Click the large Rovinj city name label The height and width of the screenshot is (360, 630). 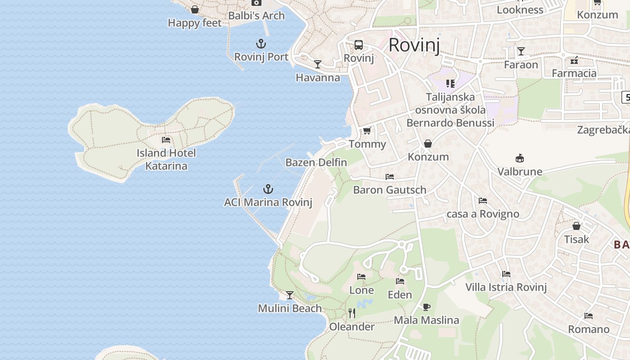pyautogui.click(x=414, y=45)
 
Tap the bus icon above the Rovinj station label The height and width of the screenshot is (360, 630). pyautogui.click(x=359, y=45)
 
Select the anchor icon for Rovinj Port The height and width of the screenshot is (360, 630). pyautogui.click(x=261, y=44)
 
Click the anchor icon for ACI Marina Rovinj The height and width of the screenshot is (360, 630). pyautogui.click(x=268, y=189)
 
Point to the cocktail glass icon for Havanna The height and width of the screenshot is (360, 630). pyautogui.click(x=318, y=64)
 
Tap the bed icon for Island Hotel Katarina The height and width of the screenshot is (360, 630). pyautogui.click(x=166, y=140)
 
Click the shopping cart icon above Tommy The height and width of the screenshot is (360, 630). pyautogui.click(x=367, y=131)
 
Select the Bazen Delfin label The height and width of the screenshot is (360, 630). pyautogui.click(x=316, y=162)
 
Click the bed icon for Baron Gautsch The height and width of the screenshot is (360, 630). pyautogui.click(x=390, y=177)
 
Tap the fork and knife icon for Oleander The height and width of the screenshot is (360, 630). pyautogui.click(x=352, y=313)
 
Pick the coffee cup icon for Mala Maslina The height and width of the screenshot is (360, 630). pyautogui.click(x=427, y=307)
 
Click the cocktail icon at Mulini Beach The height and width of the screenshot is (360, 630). pyautogui.click(x=290, y=295)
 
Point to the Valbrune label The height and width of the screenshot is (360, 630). pyautogui.click(x=520, y=171)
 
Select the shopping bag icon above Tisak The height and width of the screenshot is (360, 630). pyautogui.click(x=576, y=226)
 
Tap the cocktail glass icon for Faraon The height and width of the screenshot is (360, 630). pyautogui.click(x=521, y=51)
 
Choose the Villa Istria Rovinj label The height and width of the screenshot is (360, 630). pyautogui.click(x=506, y=287)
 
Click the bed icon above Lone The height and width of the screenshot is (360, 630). pyautogui.click(x=361, y=277)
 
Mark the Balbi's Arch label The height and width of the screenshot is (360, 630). pyautogui.click(x=256, y=16)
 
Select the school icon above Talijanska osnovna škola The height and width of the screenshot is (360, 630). pyautogui.click(x=450, y=83)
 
